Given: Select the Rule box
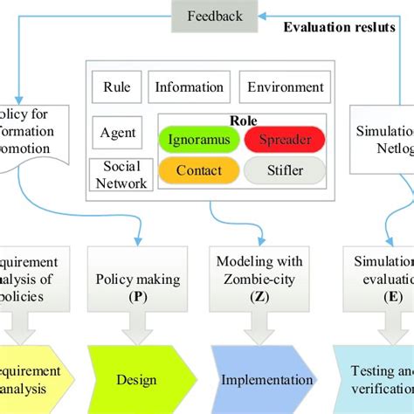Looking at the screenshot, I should click(116, 87).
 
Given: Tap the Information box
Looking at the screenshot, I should click(189, 87).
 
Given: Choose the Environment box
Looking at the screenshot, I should click(285, 87).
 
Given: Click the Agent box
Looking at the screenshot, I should click(118, 133).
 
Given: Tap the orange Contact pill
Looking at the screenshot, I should click(199, 170).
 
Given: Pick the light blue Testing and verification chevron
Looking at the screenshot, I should click(376, 379).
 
